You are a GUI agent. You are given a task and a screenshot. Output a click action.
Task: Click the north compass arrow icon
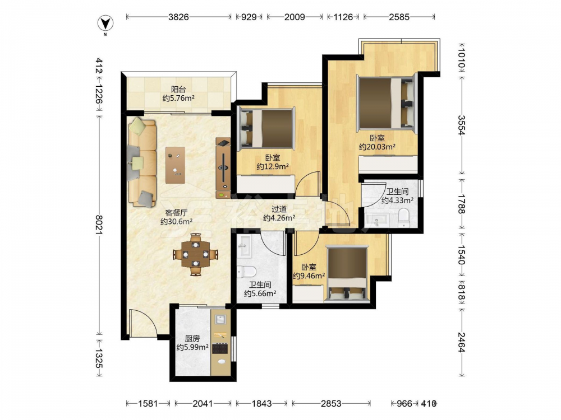[x=105, y=24]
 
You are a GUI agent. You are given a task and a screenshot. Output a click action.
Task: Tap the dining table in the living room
[x=195, y=254]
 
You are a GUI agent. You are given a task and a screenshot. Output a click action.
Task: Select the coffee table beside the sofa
[x=175, y=165]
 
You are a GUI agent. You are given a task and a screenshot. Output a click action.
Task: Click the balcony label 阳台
[x=178, y=89]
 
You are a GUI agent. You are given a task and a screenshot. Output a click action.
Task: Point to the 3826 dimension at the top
[x=178, y=17]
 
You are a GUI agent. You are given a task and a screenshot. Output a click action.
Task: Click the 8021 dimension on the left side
[x=99, y=225]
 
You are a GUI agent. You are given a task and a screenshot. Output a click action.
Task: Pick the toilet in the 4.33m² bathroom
[x=404, y=218]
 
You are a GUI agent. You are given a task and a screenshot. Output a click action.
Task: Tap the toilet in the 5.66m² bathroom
[x=246, y=272]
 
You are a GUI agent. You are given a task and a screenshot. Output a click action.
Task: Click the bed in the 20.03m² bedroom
[x=388, y=103]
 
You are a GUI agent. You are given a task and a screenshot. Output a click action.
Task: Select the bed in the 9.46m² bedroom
[x=348, y=274]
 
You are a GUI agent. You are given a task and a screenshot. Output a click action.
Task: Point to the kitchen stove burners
[x=220, y=348]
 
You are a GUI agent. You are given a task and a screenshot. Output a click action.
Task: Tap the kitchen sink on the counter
[x=219, y=319]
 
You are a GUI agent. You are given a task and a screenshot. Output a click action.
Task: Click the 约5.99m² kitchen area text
[x=192, y=347]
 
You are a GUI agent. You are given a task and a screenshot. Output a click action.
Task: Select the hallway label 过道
[x=279, y=209]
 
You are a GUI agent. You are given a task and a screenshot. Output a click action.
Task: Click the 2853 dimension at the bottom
[x=331, y=404]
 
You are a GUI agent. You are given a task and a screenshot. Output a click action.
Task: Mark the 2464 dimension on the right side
[x=462, y=342]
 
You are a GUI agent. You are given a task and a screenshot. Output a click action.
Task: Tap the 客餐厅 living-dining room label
[x=176, y=213]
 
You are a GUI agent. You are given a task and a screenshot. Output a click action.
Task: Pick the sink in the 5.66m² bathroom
[x=245, y=246]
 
